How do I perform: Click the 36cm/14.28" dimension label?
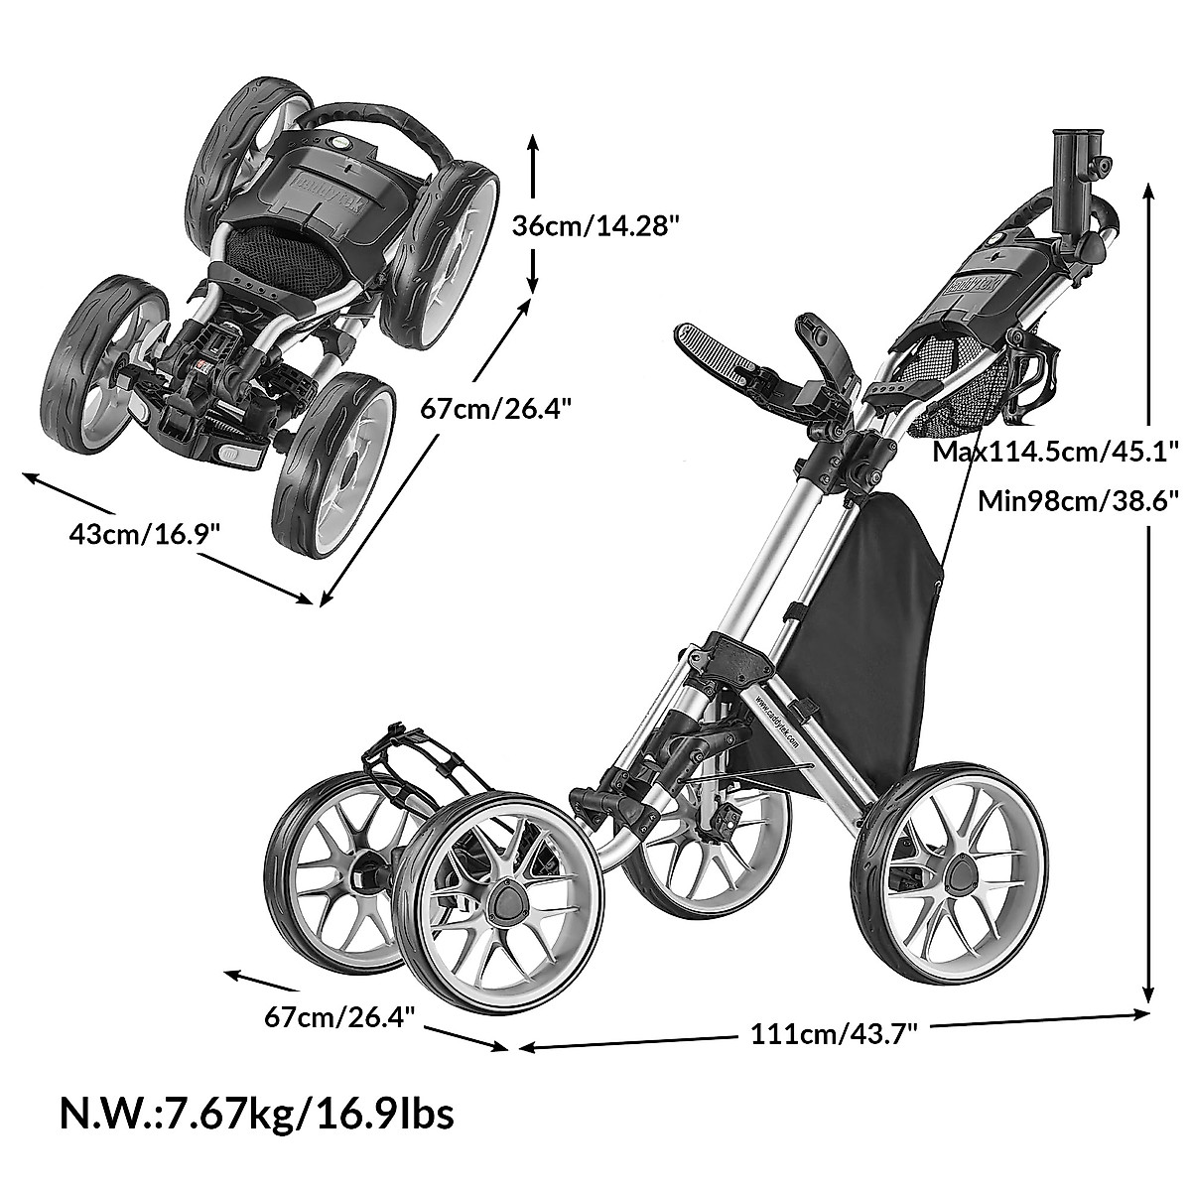609,225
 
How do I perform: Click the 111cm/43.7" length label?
833,1034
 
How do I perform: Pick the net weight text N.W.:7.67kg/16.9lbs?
257,1114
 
